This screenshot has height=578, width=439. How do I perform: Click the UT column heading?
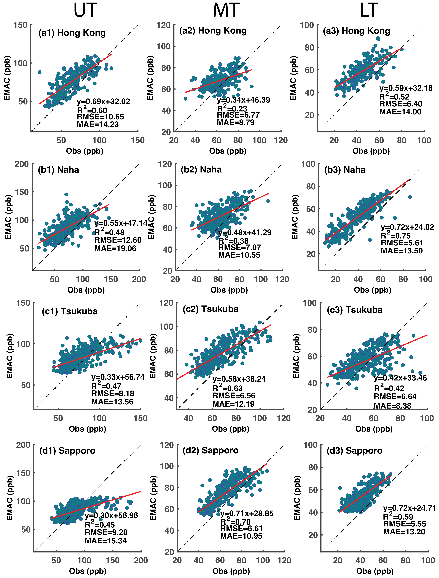(x=85, y=10)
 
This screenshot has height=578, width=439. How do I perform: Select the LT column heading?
(x=369, y=10)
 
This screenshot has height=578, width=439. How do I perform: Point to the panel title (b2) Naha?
(x=201, y=170)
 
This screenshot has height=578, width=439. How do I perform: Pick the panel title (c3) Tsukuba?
(x=355, y=310)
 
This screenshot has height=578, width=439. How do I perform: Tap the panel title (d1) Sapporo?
(x=67, y=451)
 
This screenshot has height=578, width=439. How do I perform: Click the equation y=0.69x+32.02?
(x=103, y=102)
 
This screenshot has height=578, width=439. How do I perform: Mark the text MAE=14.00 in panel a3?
(x=400, y=112)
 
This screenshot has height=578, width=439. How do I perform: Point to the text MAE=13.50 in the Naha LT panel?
(x=402, y=251)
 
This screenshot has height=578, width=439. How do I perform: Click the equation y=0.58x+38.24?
(x=239, y=379)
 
